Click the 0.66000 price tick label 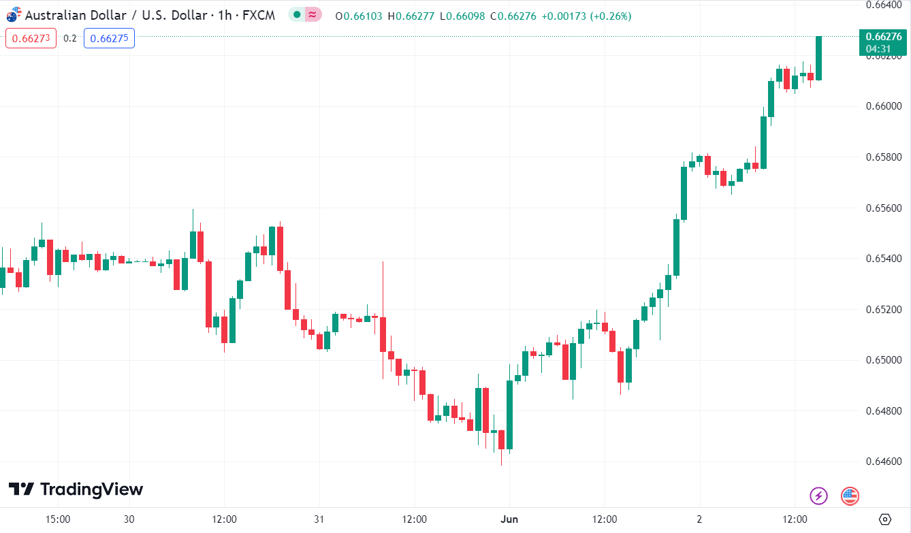coord(882,106)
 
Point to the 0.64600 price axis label coord(882,462)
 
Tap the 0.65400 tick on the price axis coord(882,259)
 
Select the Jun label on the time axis coord(509,519)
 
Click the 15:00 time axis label coord(58,519)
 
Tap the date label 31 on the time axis coord(319,519)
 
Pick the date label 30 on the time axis coord(129,519)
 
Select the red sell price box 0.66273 coord(31,38)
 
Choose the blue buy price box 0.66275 coord(109,38)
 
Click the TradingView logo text coord(76,489)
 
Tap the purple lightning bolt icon coord(818,496)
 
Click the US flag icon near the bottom coord(850,496)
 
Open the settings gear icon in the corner coord(885,519)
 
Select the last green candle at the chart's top coord(818,58)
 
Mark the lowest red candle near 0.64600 coord(501,440)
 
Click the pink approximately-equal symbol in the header coord(313,14)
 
